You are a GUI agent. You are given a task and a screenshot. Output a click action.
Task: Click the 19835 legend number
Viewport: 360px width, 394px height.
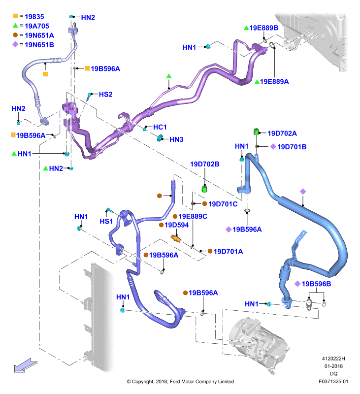click(x=34, y=17)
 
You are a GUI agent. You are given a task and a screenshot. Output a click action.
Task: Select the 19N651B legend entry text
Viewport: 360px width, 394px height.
click(x=39, y=45)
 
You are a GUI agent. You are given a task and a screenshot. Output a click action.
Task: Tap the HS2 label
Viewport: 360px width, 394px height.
click(x=105, y=94)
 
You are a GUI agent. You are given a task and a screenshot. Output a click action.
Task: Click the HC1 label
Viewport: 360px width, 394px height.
click(x=160, y=127)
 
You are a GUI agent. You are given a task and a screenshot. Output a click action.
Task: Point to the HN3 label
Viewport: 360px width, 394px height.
click(x=176, y=139)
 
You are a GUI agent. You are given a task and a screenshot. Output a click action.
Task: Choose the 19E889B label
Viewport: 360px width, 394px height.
click(x=264, y=28)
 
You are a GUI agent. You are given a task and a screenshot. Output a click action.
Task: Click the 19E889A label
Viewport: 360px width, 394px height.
click(x=274, y=81)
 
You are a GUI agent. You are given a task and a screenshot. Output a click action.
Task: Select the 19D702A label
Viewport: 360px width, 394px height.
click(x=282, y=133)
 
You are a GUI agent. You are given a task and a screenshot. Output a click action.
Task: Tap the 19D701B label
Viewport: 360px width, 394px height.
click(x=292, y=147)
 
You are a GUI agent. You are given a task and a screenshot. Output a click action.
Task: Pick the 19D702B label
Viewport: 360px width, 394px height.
click(x=205, y=164)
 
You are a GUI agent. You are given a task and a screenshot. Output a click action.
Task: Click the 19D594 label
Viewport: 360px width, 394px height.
click(x=177, y=225)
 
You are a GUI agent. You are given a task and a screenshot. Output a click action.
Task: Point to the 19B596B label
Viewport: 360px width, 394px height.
click(x=316, y=284)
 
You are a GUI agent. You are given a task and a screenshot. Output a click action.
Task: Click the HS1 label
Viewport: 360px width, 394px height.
click(x=106, y=221)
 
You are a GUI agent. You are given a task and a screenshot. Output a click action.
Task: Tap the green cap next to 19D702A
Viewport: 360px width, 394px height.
click(x=256, y=131)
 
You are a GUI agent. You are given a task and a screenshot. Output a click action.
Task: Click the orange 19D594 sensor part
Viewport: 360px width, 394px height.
click(x=176, y=238)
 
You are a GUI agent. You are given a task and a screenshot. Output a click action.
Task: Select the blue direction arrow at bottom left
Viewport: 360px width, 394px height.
click(x=26, y=365)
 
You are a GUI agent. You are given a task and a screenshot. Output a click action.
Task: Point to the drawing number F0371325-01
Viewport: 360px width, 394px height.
click(x=333, y=381)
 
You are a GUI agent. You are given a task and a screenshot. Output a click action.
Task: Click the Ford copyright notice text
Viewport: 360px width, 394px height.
click(x=180, y=381)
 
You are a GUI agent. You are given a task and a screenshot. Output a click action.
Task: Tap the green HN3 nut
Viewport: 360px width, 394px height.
click(x=160, y=138)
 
